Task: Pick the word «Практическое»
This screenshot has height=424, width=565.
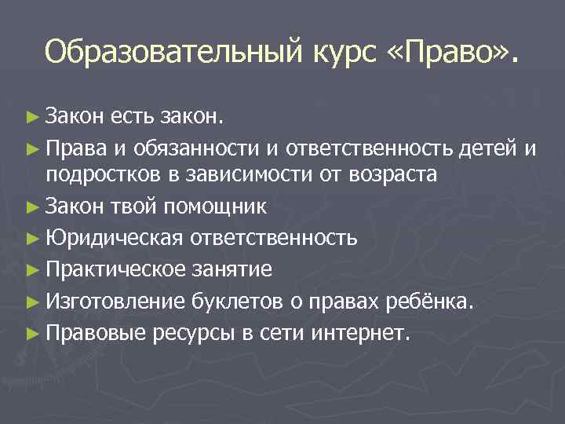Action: [114, 269]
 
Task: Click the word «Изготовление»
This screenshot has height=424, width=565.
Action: [115, 302]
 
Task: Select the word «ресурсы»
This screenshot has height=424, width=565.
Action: [193, 334]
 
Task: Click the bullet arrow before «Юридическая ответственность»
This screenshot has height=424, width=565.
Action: [31, 237]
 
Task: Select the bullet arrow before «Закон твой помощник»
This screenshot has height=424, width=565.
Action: [31, 207]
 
